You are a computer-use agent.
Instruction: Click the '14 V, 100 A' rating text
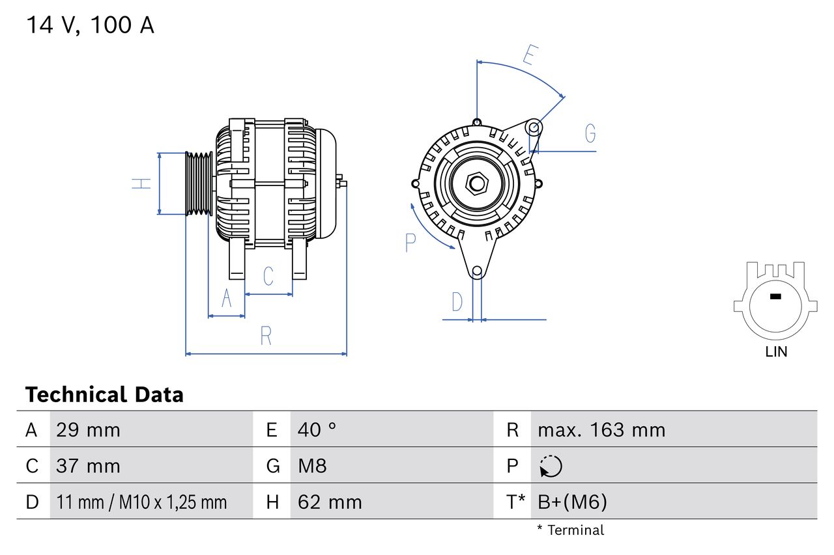click(x=90, y=25)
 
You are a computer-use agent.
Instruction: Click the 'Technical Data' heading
click(x=104, y=394)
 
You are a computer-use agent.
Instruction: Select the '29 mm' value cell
click(x=88, y=429)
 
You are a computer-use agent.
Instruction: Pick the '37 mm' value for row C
click(x=88, y=466)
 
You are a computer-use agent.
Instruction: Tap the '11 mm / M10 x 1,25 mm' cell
click(x=141, y=502)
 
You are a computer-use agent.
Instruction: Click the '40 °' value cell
click(x=317, y=429)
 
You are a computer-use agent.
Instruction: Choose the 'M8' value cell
click(x=312, y=466)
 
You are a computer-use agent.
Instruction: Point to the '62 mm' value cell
click(x=329, y=502)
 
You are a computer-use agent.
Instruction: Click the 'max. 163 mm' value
click(x=601, y=429)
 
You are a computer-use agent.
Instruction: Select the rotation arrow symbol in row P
click(x=551, y=466)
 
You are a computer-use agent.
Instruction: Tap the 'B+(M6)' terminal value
click(x=571, y=502)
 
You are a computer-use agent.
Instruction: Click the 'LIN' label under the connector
click(x=776, y=352)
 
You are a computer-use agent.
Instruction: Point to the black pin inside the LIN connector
click(x=775, y=297)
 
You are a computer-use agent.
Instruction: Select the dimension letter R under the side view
click(x=265, y=336)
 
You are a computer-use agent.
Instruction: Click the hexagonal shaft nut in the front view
click(x=477, y=183)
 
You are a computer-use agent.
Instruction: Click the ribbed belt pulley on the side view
click(x=199, y=183)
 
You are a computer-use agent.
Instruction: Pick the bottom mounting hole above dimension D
click(x=477, y=271)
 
